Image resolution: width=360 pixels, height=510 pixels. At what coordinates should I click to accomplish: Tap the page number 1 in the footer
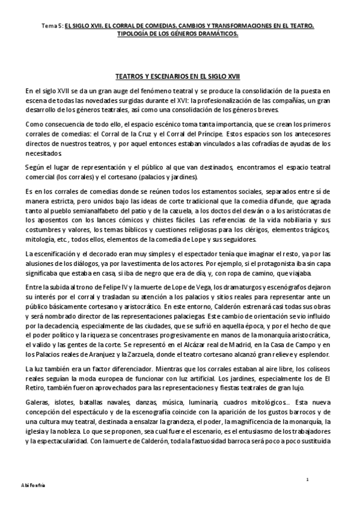point(307,479)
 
